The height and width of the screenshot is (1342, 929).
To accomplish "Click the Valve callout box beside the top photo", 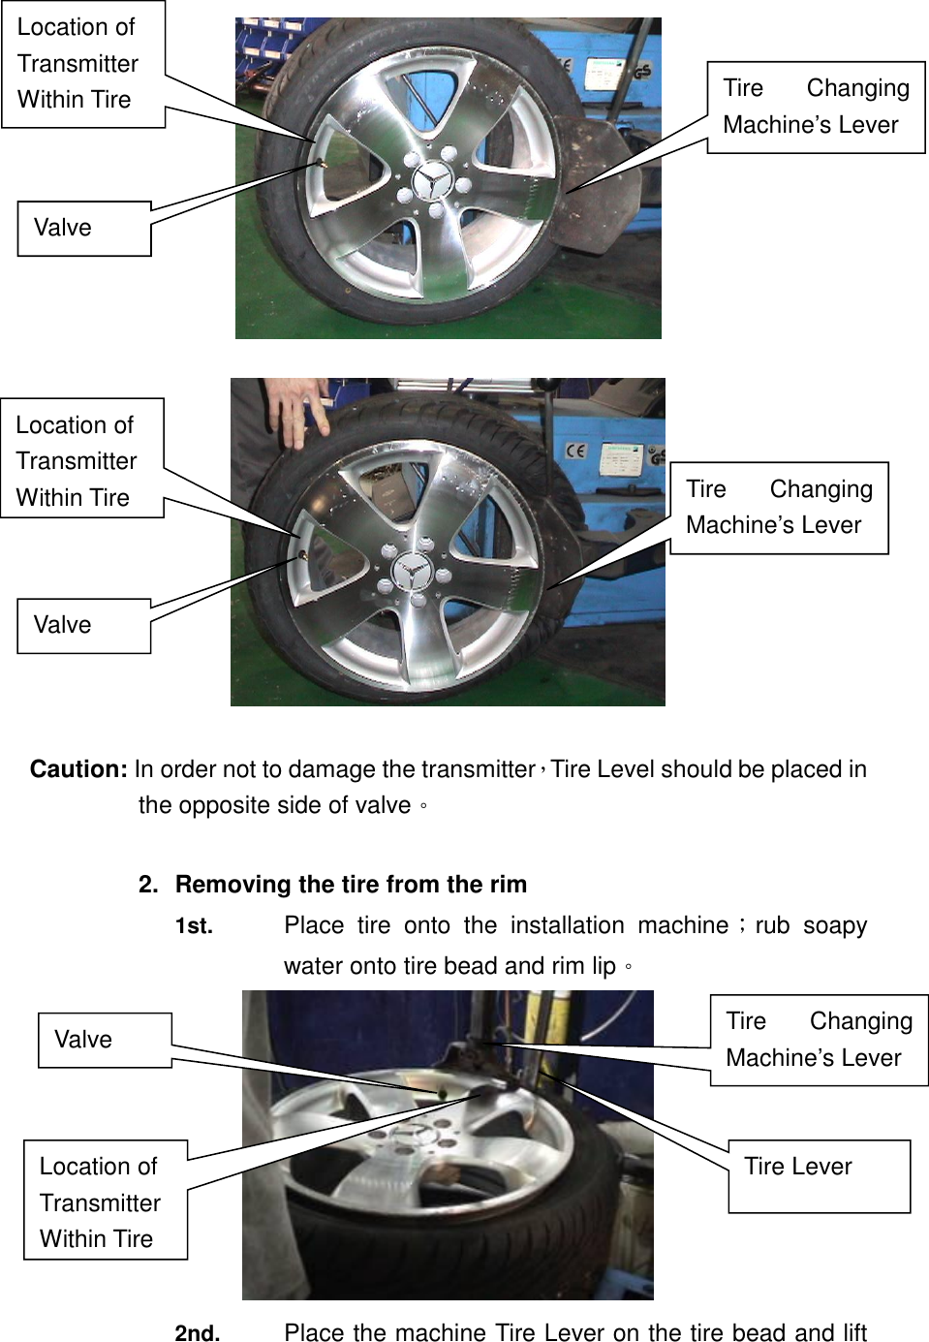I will [x=84, y=229].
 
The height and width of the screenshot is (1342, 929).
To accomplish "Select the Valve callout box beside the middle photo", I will [x=84, y=626].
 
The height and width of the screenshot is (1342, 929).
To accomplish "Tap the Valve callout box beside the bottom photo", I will [x=105, y=1040].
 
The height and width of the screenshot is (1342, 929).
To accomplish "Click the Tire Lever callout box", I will [x=819, y=1175].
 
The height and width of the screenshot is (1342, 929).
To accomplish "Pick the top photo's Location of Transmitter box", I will [x=83, y=64].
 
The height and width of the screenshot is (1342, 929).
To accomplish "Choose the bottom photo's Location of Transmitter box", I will [x=105, y=1201].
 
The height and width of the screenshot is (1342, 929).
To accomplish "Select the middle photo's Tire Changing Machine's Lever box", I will [x=779, y=508].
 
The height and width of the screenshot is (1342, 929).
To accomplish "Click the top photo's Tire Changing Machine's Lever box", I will [x=816, y=107].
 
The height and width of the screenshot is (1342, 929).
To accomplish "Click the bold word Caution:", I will [x=78, y=769].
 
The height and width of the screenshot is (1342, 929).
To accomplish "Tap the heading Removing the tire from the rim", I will [x=351, y=885].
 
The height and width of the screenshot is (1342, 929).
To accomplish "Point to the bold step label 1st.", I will [x=194, y=926].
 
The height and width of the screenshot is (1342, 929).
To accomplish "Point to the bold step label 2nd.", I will [x=198, y=1332].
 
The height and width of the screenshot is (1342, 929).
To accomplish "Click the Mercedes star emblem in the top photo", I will [x=432, y=181].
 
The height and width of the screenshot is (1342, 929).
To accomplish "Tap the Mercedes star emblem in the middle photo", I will [x=413, y=571].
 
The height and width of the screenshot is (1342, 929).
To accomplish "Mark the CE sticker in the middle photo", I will [x=576, y=451].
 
